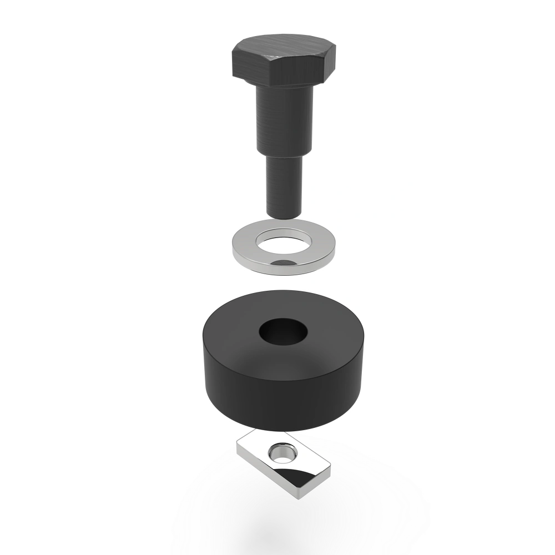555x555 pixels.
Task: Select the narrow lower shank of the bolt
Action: tap(284, 186)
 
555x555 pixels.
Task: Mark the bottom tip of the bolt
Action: tap(285, 216)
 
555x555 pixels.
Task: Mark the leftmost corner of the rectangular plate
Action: tap(237, 447)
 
